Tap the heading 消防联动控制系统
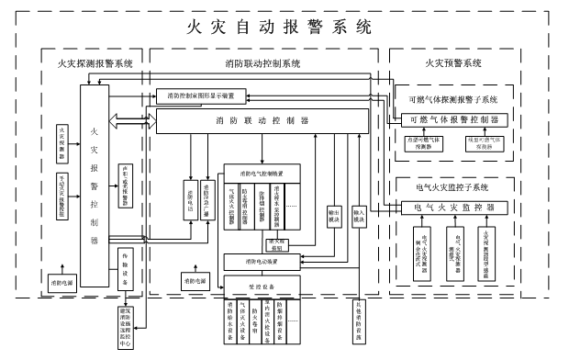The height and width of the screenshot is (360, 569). [x=262, y=63]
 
